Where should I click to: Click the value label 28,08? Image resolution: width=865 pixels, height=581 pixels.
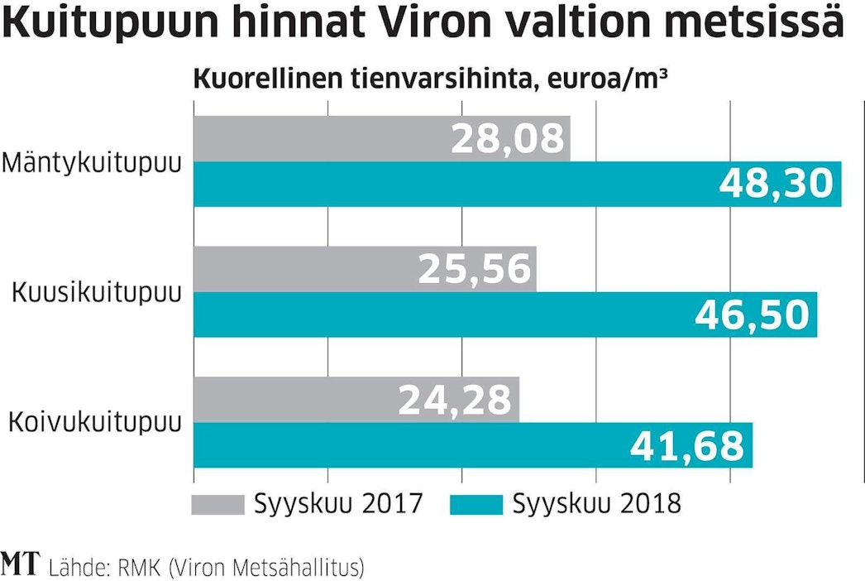508,138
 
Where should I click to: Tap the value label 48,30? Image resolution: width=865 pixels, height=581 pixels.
775,184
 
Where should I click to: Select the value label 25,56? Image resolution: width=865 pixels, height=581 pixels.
474,269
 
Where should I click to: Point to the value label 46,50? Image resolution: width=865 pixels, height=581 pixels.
751,315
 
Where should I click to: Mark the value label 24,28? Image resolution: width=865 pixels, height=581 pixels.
456,400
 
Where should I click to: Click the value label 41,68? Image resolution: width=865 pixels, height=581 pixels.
687,445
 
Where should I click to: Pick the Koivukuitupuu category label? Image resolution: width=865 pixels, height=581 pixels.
94,423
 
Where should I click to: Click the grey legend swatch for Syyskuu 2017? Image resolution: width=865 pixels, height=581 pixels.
218,504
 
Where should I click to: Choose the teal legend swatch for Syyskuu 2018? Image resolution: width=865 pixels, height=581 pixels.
475,504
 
